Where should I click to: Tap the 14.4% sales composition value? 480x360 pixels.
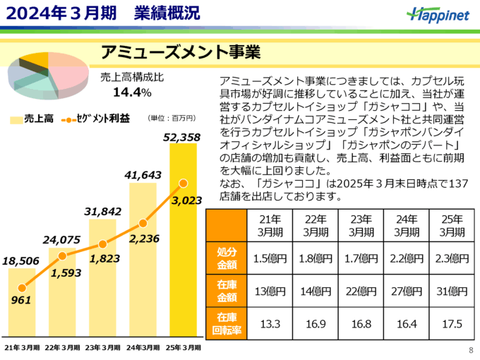coord(132,92)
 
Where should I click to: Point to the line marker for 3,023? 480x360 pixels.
coord(184,184)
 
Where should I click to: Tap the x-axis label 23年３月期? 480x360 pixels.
coord(102,348)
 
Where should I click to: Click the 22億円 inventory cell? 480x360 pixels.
coord(359,289)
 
